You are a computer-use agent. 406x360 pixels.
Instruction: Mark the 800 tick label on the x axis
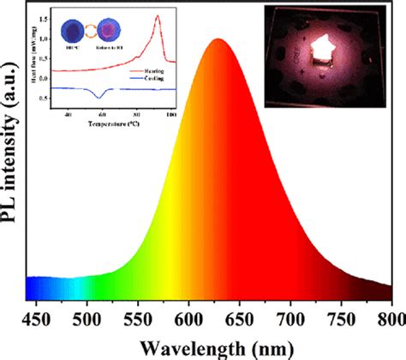coord(387,319)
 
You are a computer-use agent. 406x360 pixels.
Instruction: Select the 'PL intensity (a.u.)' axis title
coord(11,154)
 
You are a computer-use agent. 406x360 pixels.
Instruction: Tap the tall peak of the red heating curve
coord(158,16)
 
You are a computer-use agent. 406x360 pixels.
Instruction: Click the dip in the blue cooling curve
coord(99,95)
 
